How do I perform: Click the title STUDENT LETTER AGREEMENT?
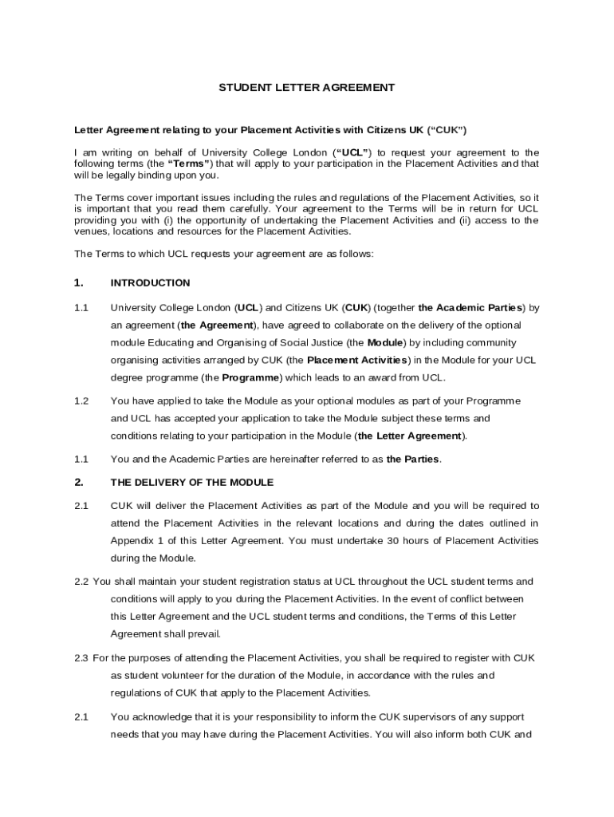[x=307, y=88]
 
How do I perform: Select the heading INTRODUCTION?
[x=150, y=282]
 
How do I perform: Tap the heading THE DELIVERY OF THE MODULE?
[x=191, y=482]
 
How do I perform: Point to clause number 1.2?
[x=81, y=401]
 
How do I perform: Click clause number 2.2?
[x=81, y=582]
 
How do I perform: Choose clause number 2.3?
[x=81, y=657]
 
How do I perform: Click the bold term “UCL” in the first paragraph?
[x=352, y=152]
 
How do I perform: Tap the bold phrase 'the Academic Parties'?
[x=470, y=307]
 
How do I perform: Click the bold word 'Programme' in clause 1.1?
[x=250, y=377]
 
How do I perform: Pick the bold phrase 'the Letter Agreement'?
[x=411, y=436]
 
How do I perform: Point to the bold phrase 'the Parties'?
[x=413, y=459]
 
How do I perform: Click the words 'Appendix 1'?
[x=136, y=541]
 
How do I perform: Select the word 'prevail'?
[x=203, y=634]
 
